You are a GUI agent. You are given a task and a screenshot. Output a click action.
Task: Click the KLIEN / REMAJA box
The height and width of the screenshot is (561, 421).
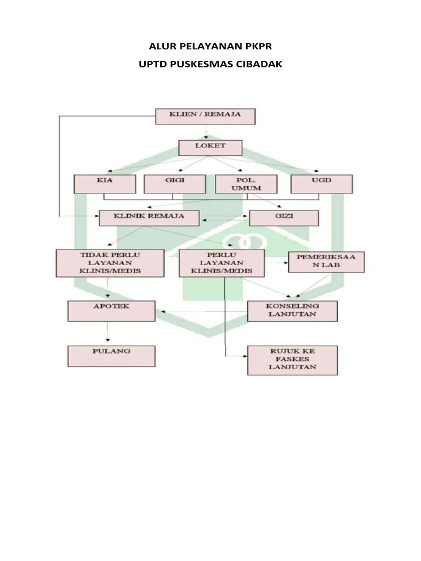pyautogui.click(x=206, y=117)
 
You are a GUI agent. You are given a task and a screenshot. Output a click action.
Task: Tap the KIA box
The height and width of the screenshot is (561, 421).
pyautogui.click(x=105, y=184)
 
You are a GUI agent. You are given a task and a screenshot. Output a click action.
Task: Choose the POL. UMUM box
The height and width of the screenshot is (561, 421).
pyautogui.click(x=238, y=184)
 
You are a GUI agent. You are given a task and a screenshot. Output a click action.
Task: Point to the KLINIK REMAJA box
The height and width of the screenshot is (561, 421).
pyautogui.click(x=149, y=217)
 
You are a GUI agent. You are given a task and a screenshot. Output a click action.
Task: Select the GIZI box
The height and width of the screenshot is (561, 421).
pyautogui.click(x=284, y=218)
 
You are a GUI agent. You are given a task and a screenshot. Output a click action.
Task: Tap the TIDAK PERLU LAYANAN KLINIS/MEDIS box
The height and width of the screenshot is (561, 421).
pyautogui.click(x=110, y=263)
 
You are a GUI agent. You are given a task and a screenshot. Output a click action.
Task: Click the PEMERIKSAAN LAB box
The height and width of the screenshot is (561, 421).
pyautogui.click(x=326, y=262)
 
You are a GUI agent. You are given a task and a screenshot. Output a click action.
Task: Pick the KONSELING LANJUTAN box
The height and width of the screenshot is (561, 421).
pyautogui.click(x=292, y=311)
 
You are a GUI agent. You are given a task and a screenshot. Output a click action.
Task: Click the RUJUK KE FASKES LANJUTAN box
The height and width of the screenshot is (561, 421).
pyautogui.click(x=292, y=360)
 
